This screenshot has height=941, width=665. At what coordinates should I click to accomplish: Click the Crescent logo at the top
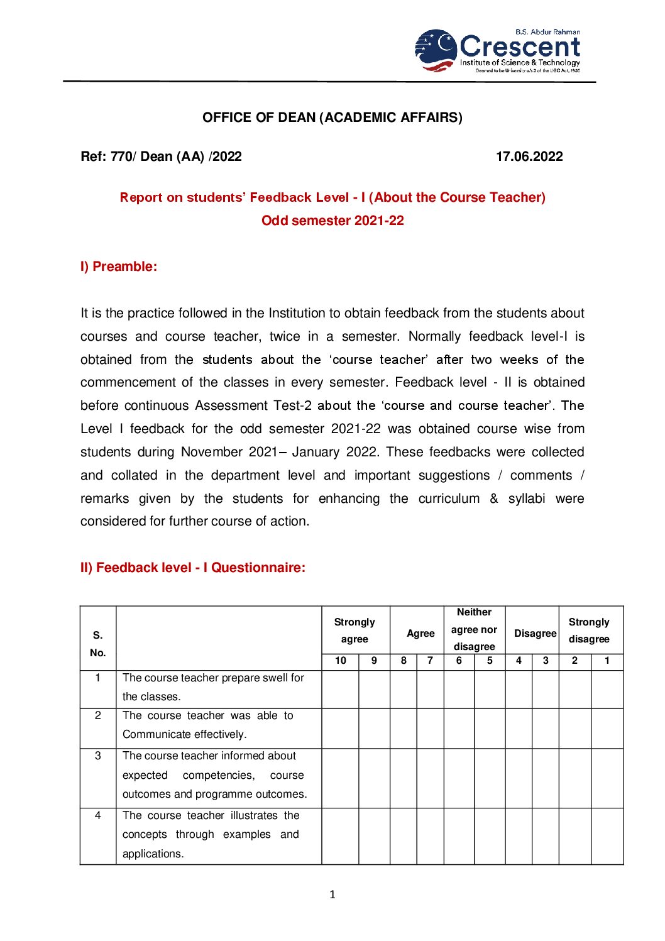pyautogui.click(x=497, y=50)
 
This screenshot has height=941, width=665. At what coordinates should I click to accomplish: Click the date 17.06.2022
pyautogui.click(x=529, y=157)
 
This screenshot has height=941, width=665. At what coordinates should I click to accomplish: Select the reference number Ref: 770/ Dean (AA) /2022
pyautogui.click(x=161, y=157)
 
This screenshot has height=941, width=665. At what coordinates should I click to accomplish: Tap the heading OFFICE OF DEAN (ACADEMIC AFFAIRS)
pyautogui.click(x=332, y=118)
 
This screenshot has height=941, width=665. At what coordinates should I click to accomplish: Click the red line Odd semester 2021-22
pyautogui.click(x=332, y=221)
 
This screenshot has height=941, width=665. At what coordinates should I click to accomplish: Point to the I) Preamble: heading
pyautogui.click(x=119, y=267)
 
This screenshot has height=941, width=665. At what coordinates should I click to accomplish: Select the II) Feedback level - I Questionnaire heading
pyautogui.click(x=193, y=568)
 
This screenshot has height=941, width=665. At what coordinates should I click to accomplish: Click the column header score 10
pyautogui.click(x=340, y=661)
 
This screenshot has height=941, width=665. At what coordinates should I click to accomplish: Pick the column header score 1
pyautogui.click(x=607, y=661)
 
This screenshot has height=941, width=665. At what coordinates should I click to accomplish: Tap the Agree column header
pyautogui.click(x=420, y=634)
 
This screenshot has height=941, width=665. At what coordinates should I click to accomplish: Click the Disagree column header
pyautogui.click(x=535, y=634)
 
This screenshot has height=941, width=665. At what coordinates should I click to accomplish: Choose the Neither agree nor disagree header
pyautogui.click(x=475, y=629)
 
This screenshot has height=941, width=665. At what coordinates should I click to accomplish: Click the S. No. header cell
pyautogui.click(x=98, y=644)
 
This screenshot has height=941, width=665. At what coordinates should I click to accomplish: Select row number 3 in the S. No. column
pyautogui.click(x=98, y=756)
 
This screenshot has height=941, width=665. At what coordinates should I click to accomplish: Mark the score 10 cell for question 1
pyautogui.click(x=340, y=689)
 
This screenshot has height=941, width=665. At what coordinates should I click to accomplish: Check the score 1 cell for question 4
pyautogui.click(x=607, y=836)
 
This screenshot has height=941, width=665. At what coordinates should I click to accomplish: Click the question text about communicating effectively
pyautogui.click(x=207, y=725)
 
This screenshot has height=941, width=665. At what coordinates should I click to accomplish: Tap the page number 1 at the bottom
pyautogui.click(x=332, y=894)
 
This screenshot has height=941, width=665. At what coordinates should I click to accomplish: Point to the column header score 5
pyautogui.click(x=490, y=661)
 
